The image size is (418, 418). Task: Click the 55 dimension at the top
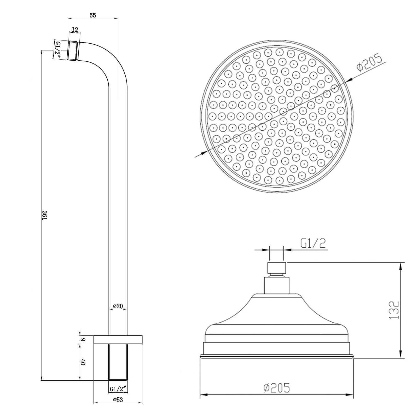tap(93, 15)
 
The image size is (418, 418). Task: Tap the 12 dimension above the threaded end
tap(75, 30)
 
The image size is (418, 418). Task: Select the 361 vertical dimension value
tap(45, 215)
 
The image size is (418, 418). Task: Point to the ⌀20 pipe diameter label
tap(118, 306)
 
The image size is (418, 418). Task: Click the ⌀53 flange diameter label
tap(118, 407)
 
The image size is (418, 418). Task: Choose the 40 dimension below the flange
tap(83, 362)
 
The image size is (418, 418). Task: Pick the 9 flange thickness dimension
tap(83, 340)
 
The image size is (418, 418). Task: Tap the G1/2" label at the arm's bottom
tap(118, 389)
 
